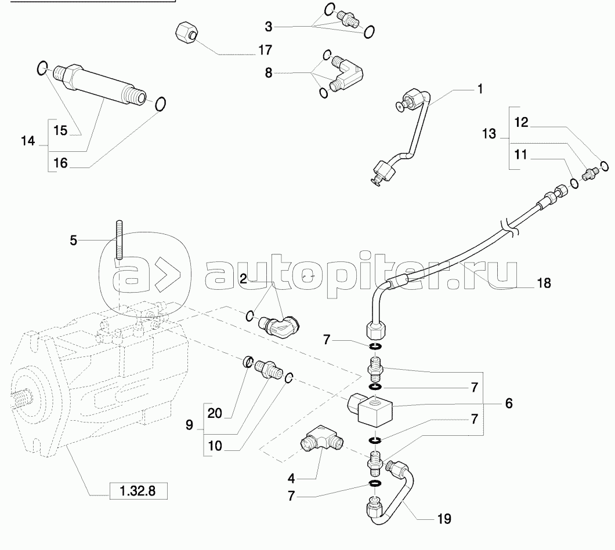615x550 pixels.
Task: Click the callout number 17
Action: click(265, 50)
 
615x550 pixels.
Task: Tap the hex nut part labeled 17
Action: click(186, 32)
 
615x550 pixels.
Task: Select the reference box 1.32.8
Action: click(138, 491)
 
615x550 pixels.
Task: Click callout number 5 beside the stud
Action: click(73, 240)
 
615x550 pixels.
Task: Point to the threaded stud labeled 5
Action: click(118, 240)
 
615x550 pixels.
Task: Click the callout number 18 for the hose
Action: click(544, 282)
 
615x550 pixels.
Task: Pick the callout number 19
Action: click(444, 519)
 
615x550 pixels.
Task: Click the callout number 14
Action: click(28, 141)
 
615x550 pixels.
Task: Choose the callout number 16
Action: click(60, 163)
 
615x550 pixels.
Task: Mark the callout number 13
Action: click(489, 134)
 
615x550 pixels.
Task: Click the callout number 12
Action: click(521, 122)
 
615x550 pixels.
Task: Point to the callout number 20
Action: click(215, 413)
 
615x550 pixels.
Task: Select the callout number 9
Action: click(189, 425)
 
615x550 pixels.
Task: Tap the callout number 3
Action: click(268, 27)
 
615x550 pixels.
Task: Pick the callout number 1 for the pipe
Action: click(480, 89)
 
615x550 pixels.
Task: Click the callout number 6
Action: click(508, 403)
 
